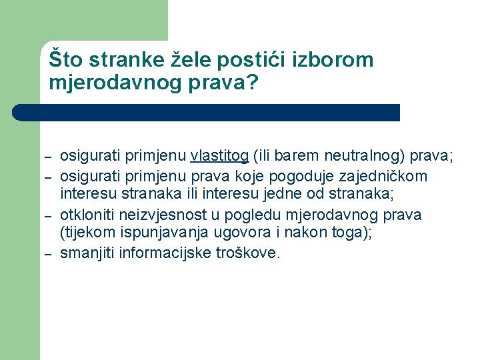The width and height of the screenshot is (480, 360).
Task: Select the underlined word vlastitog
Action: pyautogui.click(x=219, y=157)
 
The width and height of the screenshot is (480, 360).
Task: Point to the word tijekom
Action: pyautogui.click(x=87, y=233)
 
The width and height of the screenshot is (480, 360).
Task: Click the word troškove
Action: pyautogui.click(x=248, y=253)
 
